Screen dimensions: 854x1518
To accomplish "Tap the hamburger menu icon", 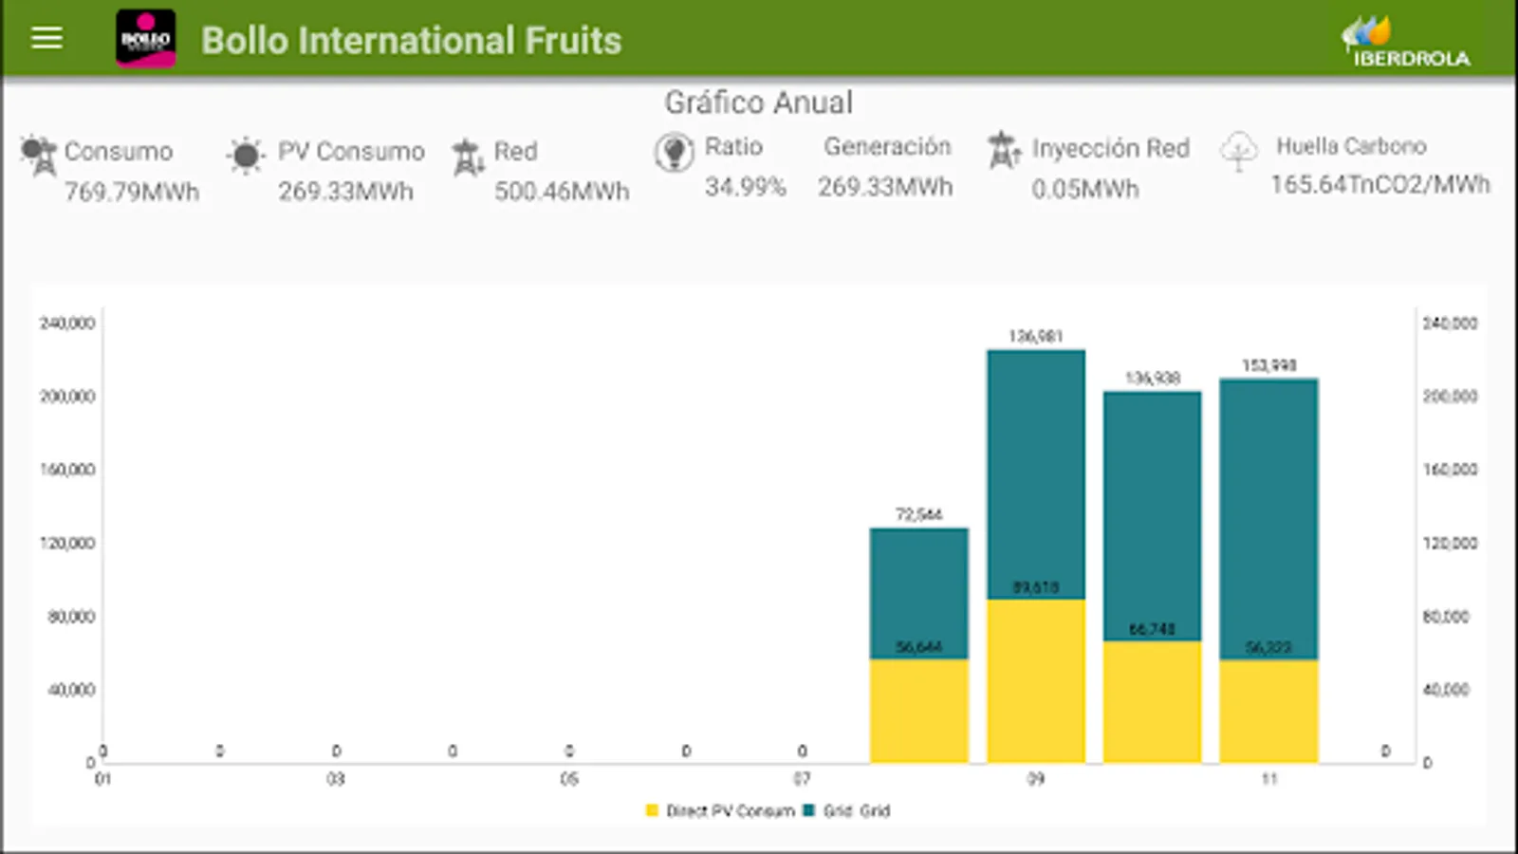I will click(46, 38).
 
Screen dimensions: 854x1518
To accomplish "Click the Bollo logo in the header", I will click(145, 39).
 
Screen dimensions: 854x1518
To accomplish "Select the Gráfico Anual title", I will click(758, 102).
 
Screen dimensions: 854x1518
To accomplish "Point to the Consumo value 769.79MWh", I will click(132, 192).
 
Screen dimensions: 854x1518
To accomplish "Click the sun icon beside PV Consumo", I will click(245, 156).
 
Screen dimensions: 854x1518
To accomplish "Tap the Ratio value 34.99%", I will click(745, 187).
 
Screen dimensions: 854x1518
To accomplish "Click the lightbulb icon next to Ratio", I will click(674, 152).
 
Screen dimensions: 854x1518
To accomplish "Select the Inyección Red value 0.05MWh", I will click(1084, 190).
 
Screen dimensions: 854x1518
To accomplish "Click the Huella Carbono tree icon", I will click(1238, 151).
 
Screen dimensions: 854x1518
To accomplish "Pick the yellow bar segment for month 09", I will click(1036, 680).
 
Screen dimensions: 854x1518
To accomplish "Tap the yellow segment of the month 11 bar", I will click(1268, 711).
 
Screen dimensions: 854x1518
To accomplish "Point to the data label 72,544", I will click(918, 514).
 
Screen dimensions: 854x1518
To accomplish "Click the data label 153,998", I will click(1268, 365).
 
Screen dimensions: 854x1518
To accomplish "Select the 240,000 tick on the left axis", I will click(67, 324).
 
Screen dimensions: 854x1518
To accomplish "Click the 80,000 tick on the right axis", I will click(1446, 617).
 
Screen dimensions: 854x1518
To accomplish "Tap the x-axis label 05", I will click(568, 779).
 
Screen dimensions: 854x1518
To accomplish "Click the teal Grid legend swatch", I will click(809, 810).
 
